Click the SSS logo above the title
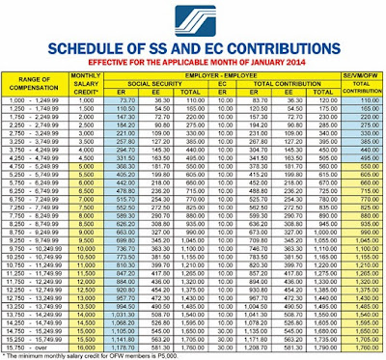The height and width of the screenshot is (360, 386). tap(192, 19)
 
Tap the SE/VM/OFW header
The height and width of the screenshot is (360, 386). tap(355, 78)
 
